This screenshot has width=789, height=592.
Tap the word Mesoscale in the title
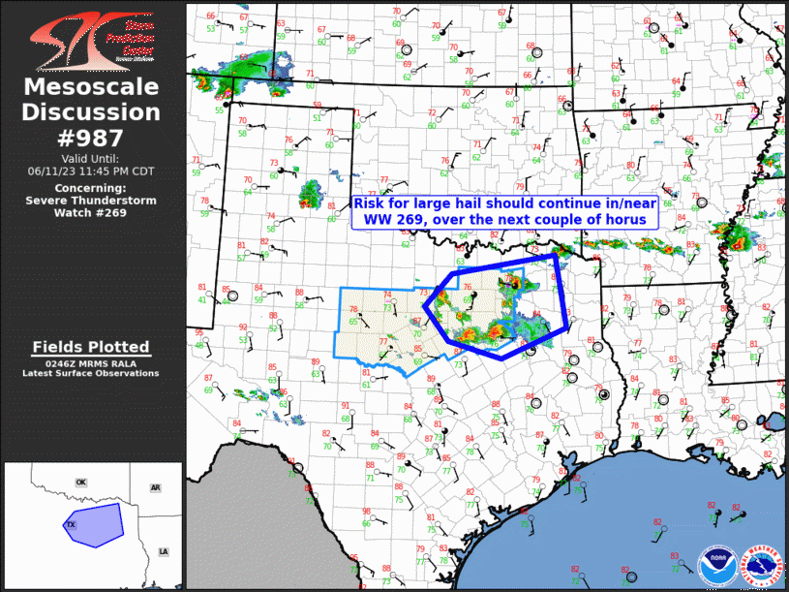(x=92, y=88)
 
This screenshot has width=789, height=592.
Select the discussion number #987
(x=92, y=136)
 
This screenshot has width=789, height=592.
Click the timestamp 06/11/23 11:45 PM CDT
(x=91, y=171)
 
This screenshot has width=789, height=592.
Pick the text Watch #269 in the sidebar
(x=91, y=213)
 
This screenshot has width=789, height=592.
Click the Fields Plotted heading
(x=91, y=347)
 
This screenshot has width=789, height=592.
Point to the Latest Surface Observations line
(x=91, y=373)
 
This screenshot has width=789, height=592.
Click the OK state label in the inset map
(x=81, y=482)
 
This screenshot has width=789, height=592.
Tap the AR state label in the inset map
(x=155, y=488)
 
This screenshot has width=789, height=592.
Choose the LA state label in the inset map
(x=163, y=551)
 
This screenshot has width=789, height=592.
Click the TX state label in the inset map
(x=71, y=524)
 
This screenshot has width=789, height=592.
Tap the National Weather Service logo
(x=761, y=565)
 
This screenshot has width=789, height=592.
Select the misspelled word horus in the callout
(x=637, y=220)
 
